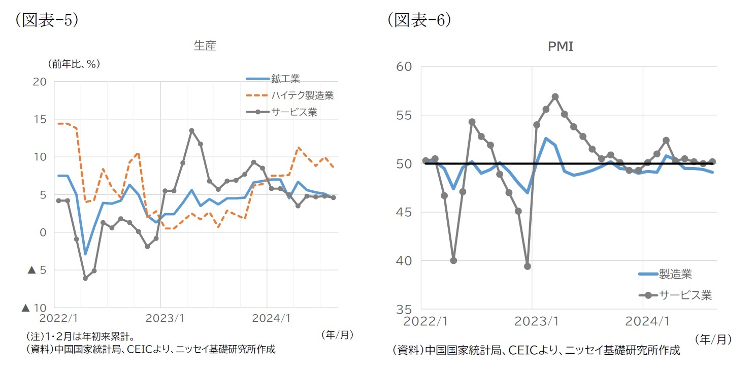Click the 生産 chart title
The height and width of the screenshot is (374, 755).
[205, 46]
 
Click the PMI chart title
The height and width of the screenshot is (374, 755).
[561, 47]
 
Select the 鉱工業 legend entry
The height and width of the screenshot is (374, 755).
[285, 79]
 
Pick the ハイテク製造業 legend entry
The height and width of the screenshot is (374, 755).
[302, 95]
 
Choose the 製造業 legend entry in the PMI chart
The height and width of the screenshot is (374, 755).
[675, 275]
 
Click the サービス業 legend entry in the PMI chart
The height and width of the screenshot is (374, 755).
[685, 295]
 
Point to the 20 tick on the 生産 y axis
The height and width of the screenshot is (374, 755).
[40, 82]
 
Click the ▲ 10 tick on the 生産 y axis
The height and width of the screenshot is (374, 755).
[34, 308]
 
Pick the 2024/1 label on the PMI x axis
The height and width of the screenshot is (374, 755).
[643, 321]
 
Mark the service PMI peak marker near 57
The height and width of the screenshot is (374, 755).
[555, 96]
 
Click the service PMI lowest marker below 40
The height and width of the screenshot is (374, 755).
[527, 266]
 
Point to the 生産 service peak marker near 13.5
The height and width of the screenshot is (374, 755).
[191, 130]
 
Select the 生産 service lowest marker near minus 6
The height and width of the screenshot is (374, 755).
[85, 278]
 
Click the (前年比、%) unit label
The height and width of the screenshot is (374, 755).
[74, 64]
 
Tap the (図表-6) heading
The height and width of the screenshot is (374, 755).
[419, 20]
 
